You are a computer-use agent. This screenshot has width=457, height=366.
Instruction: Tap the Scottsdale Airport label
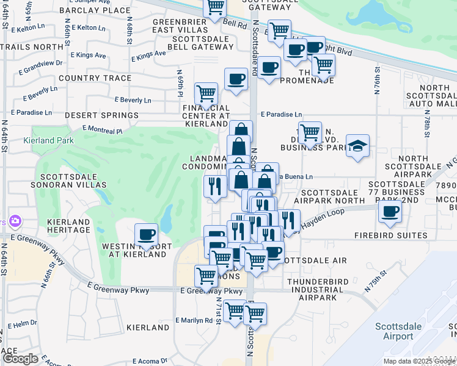pyautogui.click(x=398, y=331)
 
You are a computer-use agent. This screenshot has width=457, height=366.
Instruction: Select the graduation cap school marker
pyautogui.click(x=357, y=146)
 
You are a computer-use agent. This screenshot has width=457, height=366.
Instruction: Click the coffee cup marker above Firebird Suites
pyautogui.click(x=389, y=212)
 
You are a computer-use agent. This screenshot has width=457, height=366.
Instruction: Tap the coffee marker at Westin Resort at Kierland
pyautogui.click(x=146, y=235)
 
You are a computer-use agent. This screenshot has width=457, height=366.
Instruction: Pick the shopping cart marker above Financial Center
pyautogui.click(x=206, y=94)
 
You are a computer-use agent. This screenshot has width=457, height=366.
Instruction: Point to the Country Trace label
pyautogui.click(x=95, y=78)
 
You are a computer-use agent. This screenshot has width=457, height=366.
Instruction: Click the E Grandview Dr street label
pyautogui.click(x=43, y=63)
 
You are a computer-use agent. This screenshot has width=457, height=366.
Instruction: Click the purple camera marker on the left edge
pyautogui.click(x=15, y=221)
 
